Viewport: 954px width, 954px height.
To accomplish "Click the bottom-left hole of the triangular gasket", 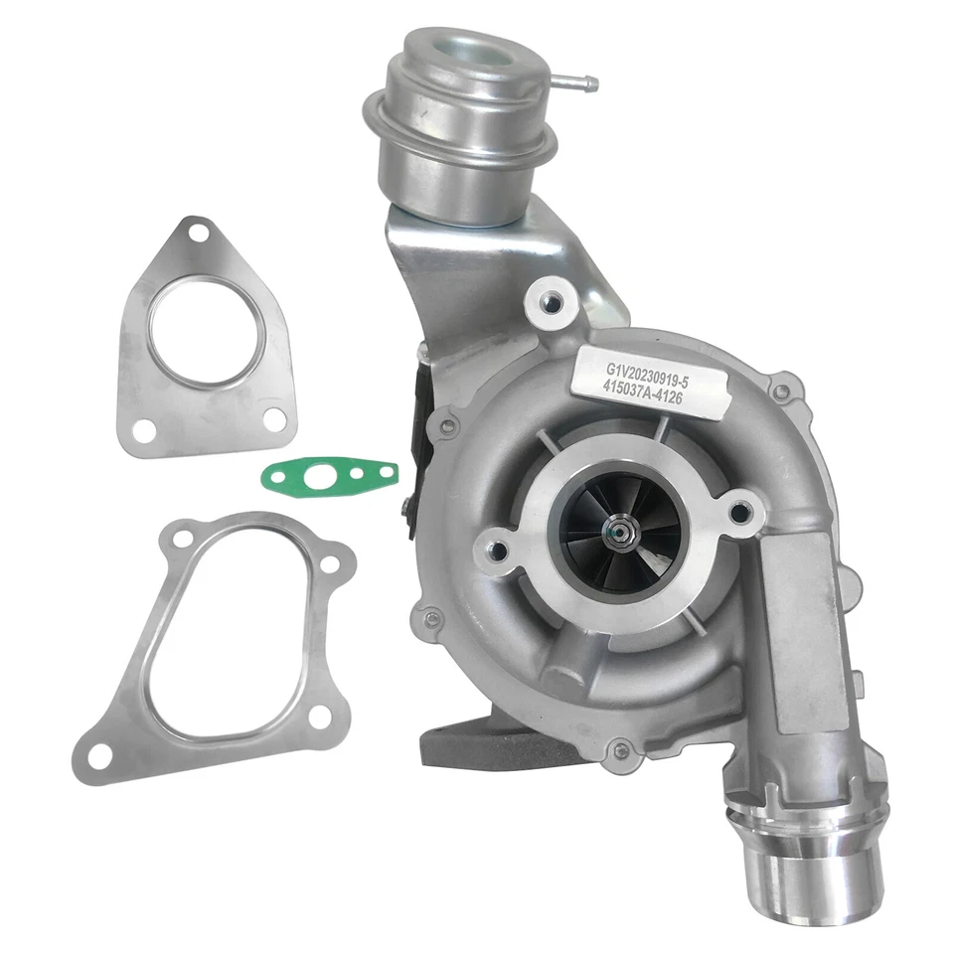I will [145, 431].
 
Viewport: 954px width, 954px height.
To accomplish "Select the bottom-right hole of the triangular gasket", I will [273, 419].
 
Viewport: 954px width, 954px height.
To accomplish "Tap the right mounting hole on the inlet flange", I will [740, 513].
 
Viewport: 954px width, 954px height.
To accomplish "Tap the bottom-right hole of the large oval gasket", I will [321, 717].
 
